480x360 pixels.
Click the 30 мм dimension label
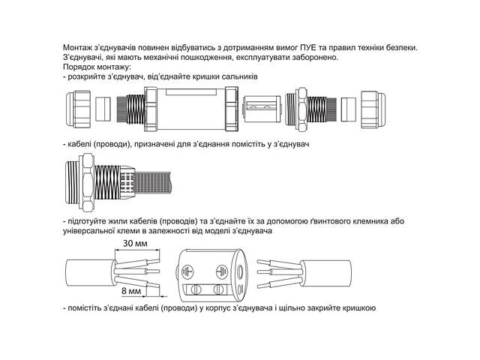[x=135, y=244]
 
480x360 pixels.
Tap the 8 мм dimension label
[x=130, y=289]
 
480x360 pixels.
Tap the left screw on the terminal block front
[x=196, y=289]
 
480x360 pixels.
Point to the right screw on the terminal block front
[x=219, y=289]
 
